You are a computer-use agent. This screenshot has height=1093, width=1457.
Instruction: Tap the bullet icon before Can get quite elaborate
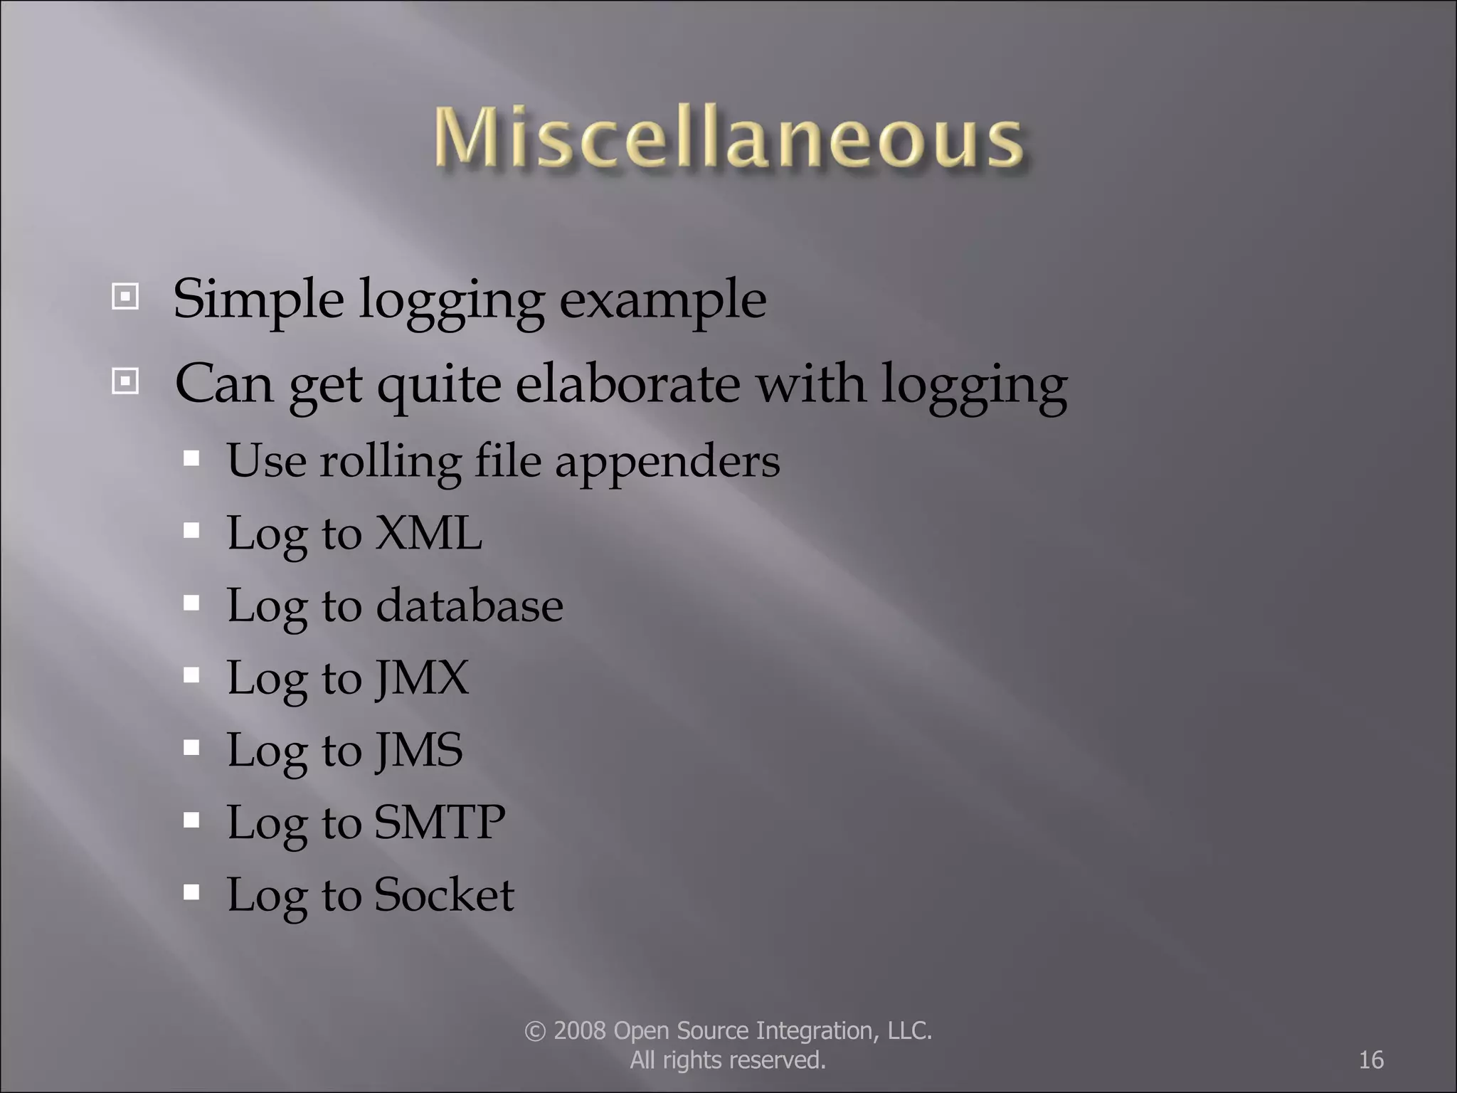coord(125,382)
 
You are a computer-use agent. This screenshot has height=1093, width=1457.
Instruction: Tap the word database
coord(469,606)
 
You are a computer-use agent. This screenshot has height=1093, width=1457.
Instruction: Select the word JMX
coord(422,677)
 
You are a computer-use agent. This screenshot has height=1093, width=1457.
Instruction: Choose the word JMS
coord(419,749)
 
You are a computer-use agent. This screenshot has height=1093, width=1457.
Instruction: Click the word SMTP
coord(440,822)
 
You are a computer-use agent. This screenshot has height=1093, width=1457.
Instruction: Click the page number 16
coord(1371,1060)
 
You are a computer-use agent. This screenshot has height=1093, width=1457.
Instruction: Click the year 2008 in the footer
coord(580,1031)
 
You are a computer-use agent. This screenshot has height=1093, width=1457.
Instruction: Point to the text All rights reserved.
coord(728,1060)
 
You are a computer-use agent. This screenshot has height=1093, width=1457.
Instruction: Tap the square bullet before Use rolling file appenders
coord(191,458)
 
